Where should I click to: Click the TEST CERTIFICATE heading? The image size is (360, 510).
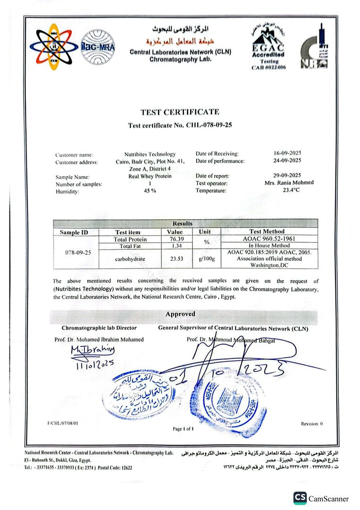[x=180, y=112]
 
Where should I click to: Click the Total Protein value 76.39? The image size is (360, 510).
[x=174, y=239]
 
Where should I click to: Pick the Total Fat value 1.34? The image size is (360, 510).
[x=174, y=246]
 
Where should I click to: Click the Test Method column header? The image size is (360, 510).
[x=267, y=231]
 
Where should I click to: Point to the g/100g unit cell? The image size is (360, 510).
[x=207, y=259]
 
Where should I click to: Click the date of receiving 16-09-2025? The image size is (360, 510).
[x=287, y=153]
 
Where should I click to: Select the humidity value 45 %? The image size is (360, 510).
[x=150, y=191]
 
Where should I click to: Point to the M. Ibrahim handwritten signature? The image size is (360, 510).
[x=92, y=350]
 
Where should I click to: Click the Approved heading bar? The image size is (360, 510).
[x=180, y=314]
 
